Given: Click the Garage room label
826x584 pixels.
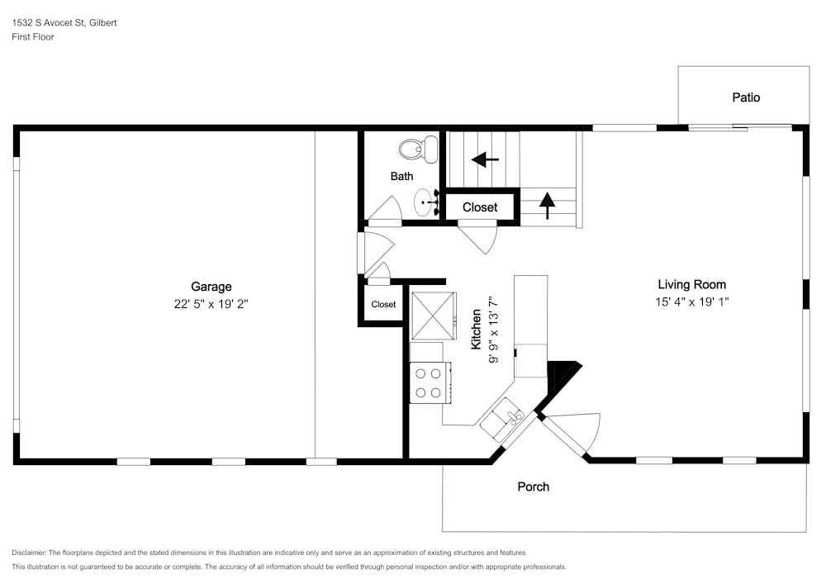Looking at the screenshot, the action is [x=211, y=287].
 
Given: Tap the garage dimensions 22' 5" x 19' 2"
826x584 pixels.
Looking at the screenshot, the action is [x=211, y=304].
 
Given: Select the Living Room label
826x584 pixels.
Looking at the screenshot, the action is [x=691, y=285].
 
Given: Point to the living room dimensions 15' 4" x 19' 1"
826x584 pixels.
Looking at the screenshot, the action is [x=691, y=301].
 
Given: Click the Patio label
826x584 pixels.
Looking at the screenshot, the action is [x=746, y=97].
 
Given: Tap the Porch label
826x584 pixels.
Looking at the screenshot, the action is [x=533, y=487].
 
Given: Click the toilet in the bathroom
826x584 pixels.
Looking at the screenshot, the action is [x=418, y=150].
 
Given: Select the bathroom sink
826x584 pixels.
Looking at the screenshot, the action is [x=426, y=202].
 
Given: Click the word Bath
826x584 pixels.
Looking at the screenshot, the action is [x=401, y=177].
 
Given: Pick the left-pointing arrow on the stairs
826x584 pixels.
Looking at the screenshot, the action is [x=485, y=159].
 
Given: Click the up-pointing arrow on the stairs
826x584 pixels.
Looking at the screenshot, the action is [x=548, y=206].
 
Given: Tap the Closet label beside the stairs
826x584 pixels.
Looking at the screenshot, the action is [x=480, y=207].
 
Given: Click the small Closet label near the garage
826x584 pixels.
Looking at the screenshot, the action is [x=383, y=304].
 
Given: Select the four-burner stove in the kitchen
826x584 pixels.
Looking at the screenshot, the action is [x=430, y=382].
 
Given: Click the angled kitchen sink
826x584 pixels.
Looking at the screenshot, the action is [x=501, y=419].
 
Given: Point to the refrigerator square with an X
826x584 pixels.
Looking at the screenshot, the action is [x=434, y=316].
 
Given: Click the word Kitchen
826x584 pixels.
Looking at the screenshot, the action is [x=477, y=329].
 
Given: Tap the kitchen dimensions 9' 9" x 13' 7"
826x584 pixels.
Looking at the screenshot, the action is [x=493, y=330].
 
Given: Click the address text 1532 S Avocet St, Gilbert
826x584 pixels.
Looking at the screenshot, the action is [x=64, y=22].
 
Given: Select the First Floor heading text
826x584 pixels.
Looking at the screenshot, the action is [x=33, y=37].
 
